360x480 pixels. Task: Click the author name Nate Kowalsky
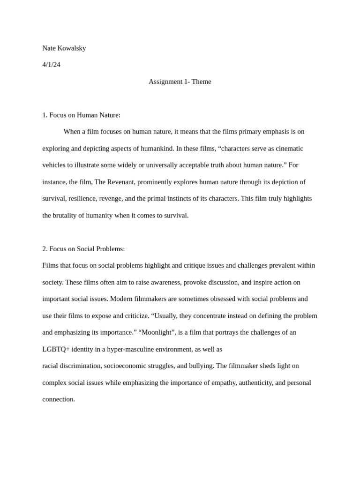[64, 48]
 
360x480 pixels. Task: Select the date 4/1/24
[51, 65]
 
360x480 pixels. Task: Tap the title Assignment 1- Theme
[180, 82]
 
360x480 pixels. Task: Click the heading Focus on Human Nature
[84, 115]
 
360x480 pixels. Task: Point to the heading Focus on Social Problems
[87, 249]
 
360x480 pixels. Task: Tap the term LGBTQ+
[56, 349]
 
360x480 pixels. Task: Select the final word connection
[59, 399]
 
